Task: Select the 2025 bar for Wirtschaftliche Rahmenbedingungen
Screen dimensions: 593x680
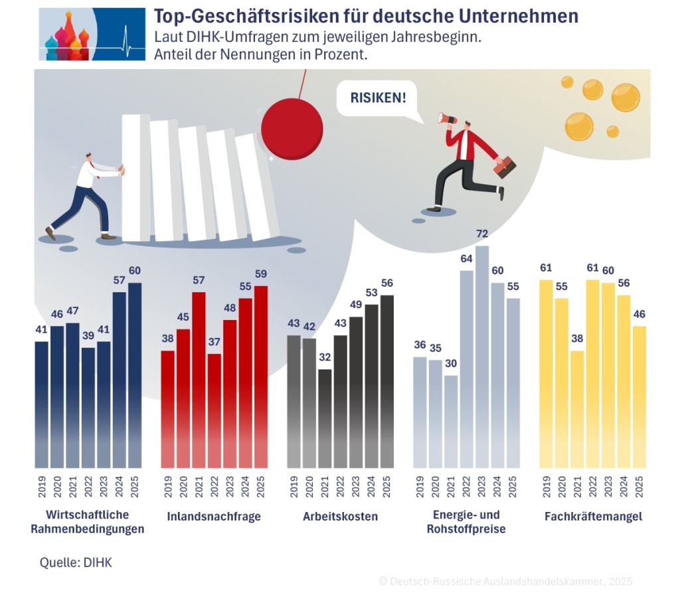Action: pos(135,375)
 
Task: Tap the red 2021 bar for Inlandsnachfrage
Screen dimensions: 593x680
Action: pos(198,379)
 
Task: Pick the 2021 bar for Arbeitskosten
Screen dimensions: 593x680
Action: pos(324,418)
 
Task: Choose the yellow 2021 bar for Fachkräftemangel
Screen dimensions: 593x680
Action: pos(576,409)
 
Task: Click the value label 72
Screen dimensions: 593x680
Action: pos(482,234)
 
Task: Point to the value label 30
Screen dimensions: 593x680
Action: pos(451,364)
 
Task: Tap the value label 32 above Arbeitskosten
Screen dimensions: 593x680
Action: pos(324,357)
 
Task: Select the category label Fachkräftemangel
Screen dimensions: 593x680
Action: pos(593,516)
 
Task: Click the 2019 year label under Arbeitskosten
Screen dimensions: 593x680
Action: pos(293,486)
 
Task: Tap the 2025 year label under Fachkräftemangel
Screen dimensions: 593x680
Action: pos(639,486)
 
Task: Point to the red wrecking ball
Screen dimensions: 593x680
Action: pos(292,127)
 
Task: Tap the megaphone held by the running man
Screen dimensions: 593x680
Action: pos(446,119)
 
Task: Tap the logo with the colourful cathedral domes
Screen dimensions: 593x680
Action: pos(92,35)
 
